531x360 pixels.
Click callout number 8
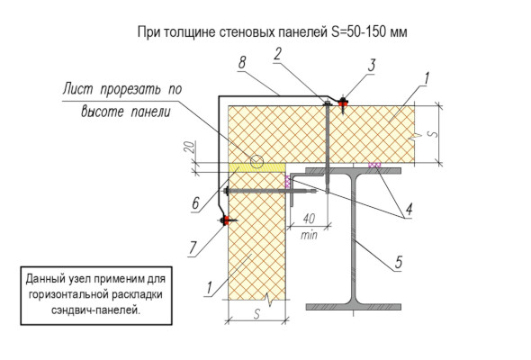[242, 62]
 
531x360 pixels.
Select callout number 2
[278, 54]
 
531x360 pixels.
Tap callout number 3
[372, 65]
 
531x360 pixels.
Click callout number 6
[195, 203]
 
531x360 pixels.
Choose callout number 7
[193, 247]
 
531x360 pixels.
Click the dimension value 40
[309, 219]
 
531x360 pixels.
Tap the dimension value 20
[190, 148]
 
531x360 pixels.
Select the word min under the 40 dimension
[309, 234]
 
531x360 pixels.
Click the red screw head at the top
[343, 101]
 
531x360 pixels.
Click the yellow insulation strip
[256, 167]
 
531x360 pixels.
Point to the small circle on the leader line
[257, 161]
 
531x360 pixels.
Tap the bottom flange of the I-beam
[354, 307]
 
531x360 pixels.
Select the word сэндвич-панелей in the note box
[95, 310]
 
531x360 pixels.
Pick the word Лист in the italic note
[78, 89]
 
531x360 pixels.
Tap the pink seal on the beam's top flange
[374, 165]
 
